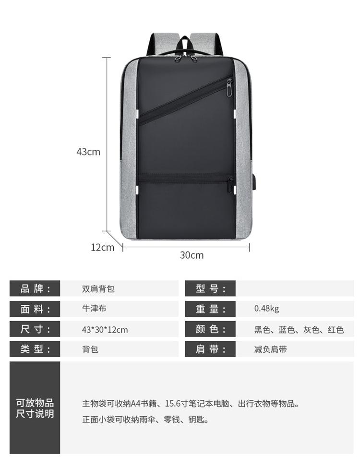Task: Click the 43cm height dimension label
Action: (88, 152)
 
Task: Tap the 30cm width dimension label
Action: (192, 255)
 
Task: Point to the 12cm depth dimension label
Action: (103, 247)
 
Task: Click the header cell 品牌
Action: (35, 288)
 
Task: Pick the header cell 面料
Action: (35, 309)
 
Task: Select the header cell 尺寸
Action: (35, 329)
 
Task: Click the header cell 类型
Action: (35, 349)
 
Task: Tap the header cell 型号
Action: (210, 288)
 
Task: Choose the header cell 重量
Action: (210, 309)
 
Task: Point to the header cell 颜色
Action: (210, 329)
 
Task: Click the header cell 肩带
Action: (210, 349)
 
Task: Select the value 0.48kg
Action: (266, 309)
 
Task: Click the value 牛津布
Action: (94, 309)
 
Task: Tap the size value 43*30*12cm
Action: (105, 330)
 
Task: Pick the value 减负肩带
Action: (270, 349)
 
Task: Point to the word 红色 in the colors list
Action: (336, 330)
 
